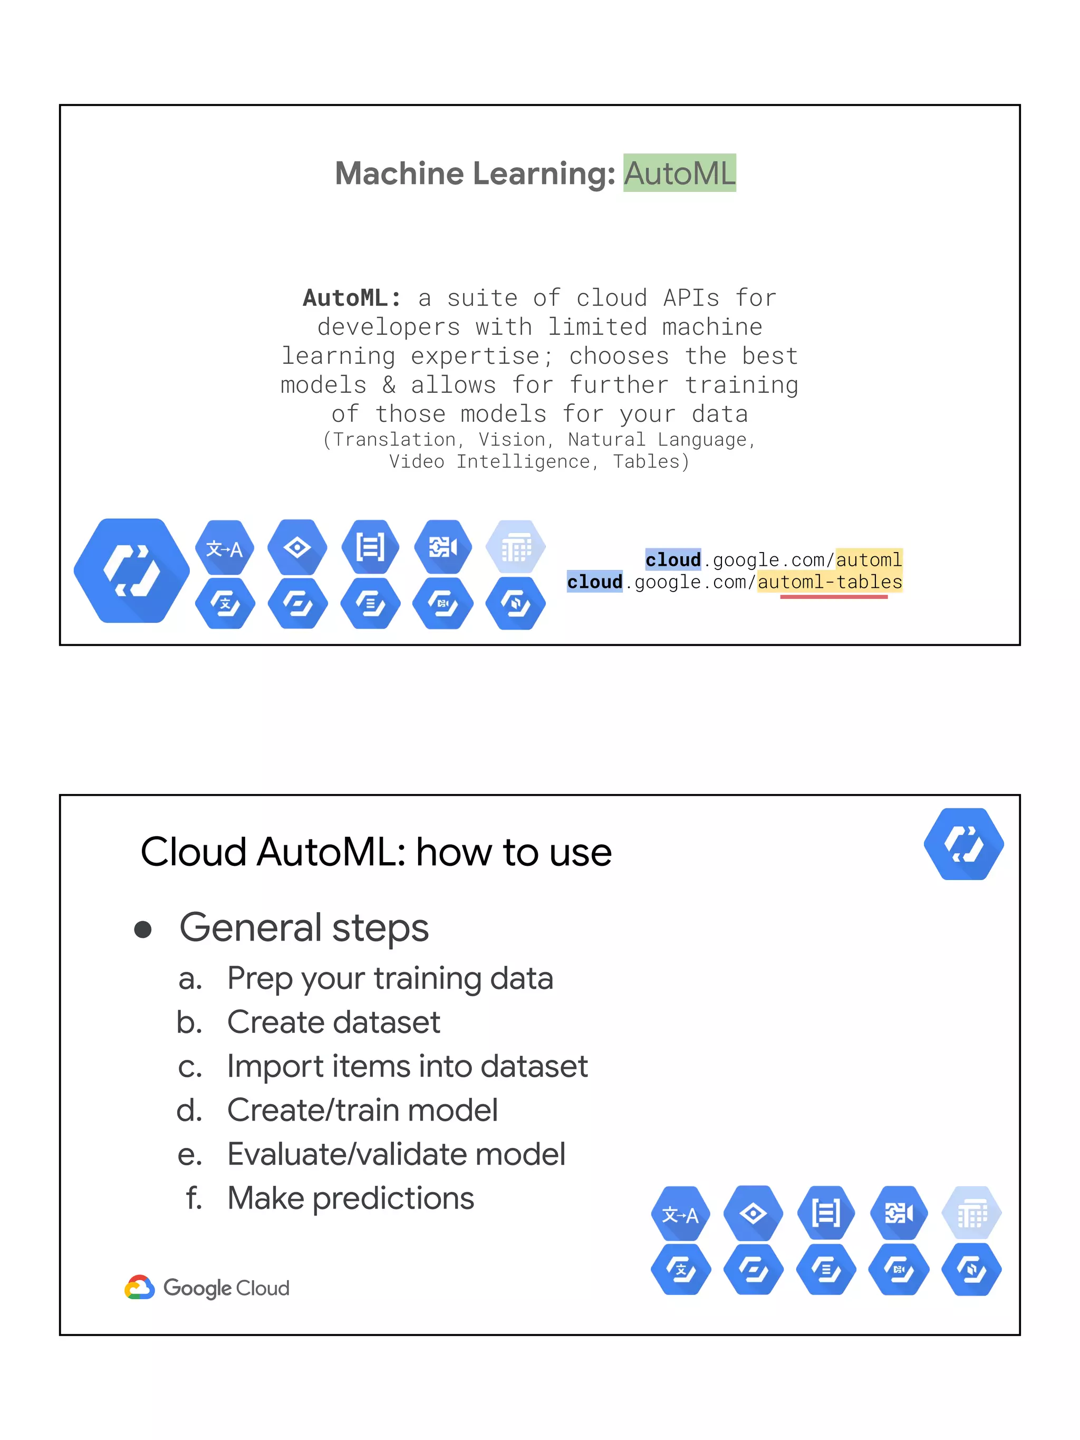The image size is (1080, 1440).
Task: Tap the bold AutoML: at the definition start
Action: [352, 298]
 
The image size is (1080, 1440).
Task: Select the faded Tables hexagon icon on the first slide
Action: [516, 547]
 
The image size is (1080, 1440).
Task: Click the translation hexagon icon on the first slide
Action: [225, 548]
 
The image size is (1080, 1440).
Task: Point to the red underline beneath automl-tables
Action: [833, 596]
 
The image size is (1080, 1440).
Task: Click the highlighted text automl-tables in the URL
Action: [830, 582]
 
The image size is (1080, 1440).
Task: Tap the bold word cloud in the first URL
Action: [672, 559]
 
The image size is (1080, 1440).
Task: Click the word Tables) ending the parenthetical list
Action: [650, 461]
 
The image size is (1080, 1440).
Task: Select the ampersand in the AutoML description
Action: [389, 385]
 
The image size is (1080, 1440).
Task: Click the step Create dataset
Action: [333, 1022]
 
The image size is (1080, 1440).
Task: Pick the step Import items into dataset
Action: [407, 1066]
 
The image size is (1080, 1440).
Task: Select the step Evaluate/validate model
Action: [396, 1154]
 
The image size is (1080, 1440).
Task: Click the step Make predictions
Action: [350, 1198]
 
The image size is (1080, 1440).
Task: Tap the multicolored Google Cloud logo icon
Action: [139, 1287]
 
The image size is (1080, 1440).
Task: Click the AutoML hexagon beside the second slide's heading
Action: [963, 844]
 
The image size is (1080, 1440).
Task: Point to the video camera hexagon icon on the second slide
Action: [899, 1213]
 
